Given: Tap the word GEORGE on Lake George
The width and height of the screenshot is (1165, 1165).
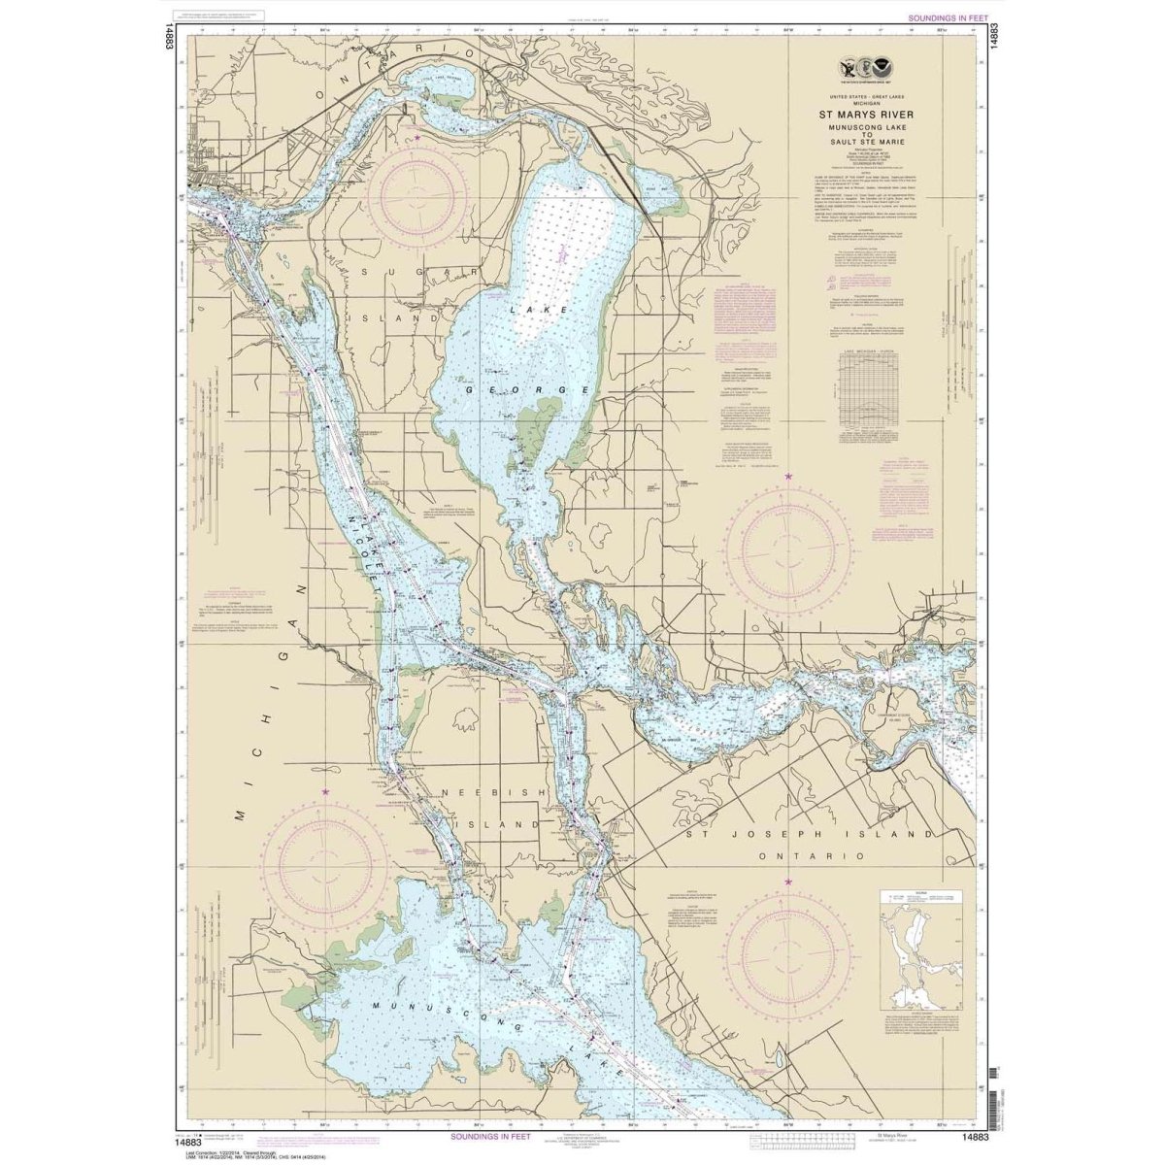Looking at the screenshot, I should [x=528, y=389].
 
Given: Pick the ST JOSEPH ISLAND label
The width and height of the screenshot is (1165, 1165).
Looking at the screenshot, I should [x=811, y=834].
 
